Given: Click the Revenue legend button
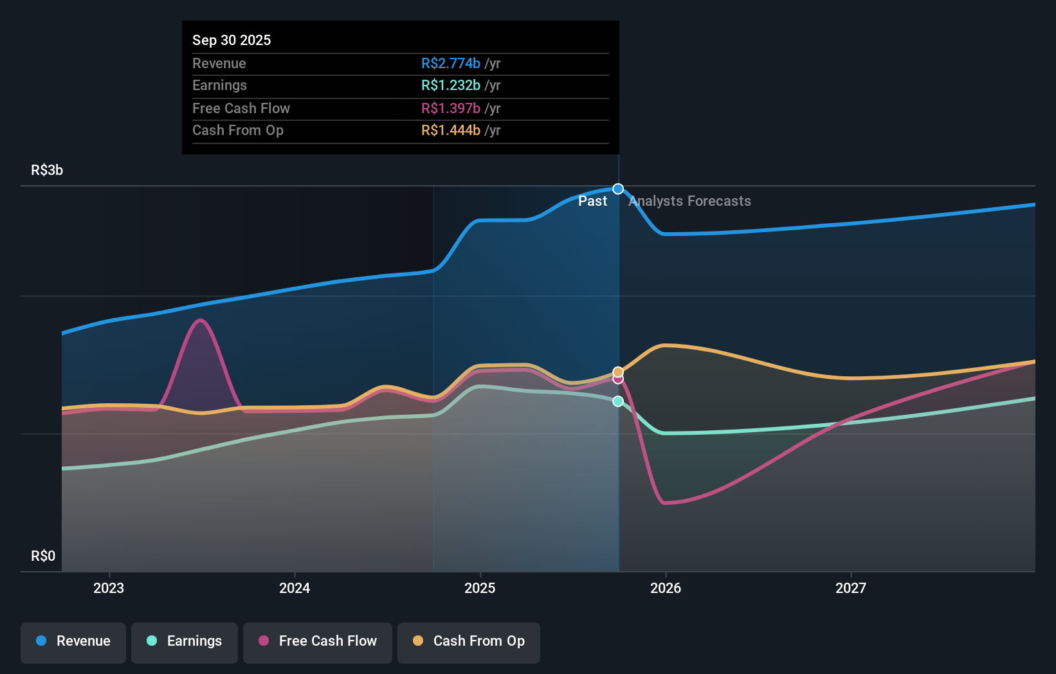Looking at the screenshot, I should pos(73,641).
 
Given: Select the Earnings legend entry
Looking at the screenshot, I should pos(185,641).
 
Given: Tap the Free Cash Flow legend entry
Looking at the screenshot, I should pos(318,641).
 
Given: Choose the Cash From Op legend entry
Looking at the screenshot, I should pos(469,641).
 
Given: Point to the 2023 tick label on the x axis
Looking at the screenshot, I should pos(109,588).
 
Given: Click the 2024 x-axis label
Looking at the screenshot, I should pos(295,588).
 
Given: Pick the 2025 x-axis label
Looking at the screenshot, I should pos(480,588).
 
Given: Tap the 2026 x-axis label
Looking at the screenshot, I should pos(666,588).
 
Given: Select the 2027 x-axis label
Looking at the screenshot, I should pos(851,588).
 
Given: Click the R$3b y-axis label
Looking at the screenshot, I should pos(47,170).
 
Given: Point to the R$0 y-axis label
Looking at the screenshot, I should pos(43,556).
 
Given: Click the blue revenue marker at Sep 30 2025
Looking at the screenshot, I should pos(618,189).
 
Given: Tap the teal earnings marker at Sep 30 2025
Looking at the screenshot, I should pos(618,401).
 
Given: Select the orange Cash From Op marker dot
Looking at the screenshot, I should pos(618,372).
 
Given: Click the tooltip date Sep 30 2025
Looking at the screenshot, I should pos(232,40).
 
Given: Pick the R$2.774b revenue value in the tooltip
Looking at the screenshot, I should pos(450,63).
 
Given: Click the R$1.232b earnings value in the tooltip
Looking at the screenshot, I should pos(450,85).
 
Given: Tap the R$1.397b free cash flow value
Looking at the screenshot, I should pos(450,108).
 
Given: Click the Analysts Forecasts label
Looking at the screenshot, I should pos(689,201).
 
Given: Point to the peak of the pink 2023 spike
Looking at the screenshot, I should pos(201,320).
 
